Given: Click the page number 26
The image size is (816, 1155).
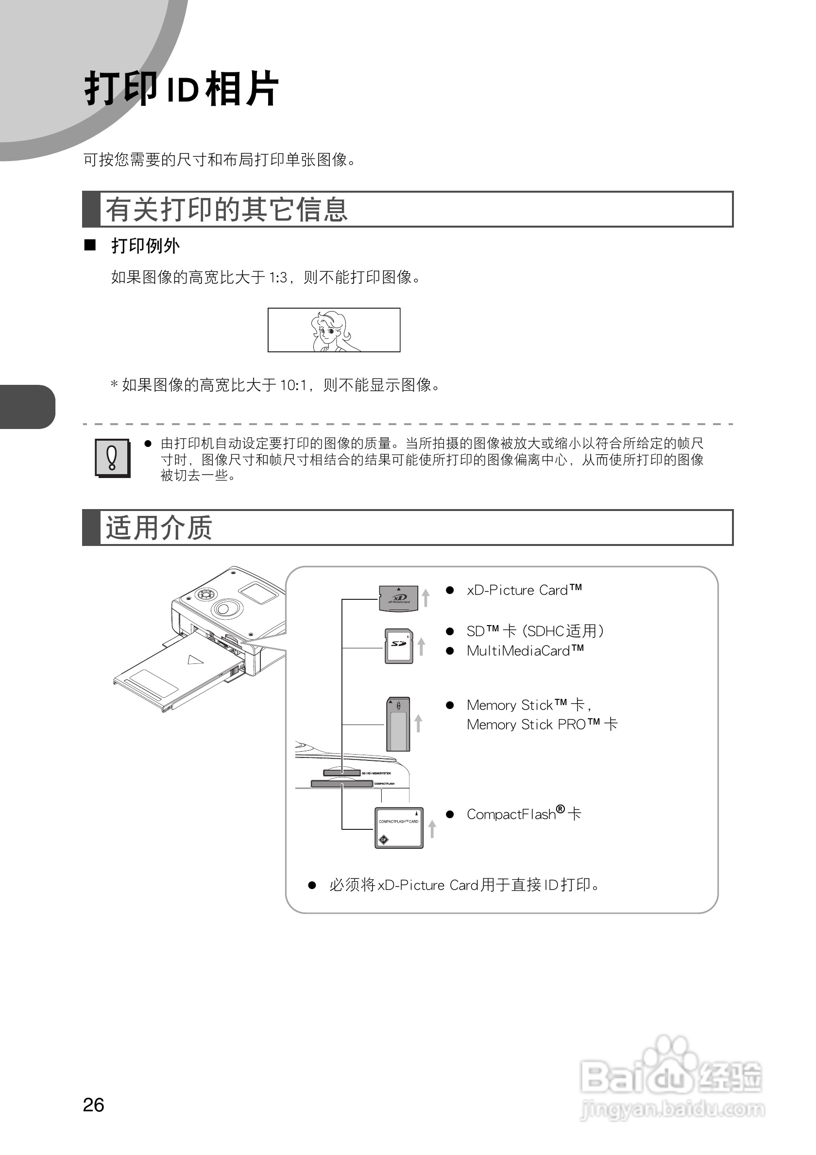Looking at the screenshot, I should [93, 1105].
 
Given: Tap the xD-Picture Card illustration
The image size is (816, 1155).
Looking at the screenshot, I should [398, 598].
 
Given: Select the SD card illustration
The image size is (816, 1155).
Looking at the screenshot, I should [399, 645].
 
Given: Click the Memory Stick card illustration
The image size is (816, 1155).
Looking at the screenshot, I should [398, 724].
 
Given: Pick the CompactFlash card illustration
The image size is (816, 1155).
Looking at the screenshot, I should [399, 828].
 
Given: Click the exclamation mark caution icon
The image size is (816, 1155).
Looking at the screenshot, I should [112, 457].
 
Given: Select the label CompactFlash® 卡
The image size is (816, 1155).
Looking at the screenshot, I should [524, 814].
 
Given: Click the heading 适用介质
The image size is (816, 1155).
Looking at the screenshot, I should [158, 528].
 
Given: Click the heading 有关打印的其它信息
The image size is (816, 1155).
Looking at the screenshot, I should [226, 209].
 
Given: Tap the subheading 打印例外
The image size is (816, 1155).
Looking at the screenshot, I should [145, 246].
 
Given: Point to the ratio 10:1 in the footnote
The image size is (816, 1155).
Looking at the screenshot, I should [293, 385].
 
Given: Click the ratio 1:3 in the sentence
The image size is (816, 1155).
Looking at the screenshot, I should [278, 277].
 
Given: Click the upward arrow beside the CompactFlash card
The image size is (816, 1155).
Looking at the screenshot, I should [432, 828].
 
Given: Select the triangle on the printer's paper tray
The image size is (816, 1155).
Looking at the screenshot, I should [195, 660].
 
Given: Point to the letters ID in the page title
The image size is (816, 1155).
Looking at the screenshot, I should [182, 91].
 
